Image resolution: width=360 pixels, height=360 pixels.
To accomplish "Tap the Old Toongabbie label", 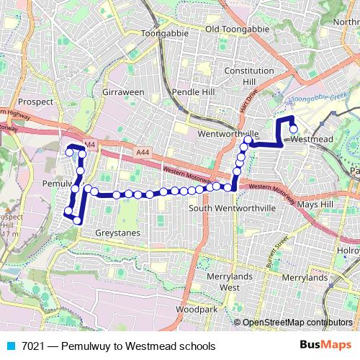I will (237, 29).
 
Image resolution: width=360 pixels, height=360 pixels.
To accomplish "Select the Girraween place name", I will (123, 94).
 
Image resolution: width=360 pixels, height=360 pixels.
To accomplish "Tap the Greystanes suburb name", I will (117, 233).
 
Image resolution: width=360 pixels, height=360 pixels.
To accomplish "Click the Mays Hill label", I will (316, 204).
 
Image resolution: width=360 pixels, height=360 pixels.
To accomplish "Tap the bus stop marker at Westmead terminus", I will (294, 130).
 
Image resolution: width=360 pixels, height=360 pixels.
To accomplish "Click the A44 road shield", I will (143, 153).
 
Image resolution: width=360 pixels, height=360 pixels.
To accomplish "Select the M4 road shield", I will (89, 145).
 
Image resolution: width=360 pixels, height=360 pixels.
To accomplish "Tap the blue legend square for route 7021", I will (9, 346).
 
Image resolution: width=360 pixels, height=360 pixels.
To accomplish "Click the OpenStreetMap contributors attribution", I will (297, 323).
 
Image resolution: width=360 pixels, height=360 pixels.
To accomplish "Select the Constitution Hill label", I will (249, 76).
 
